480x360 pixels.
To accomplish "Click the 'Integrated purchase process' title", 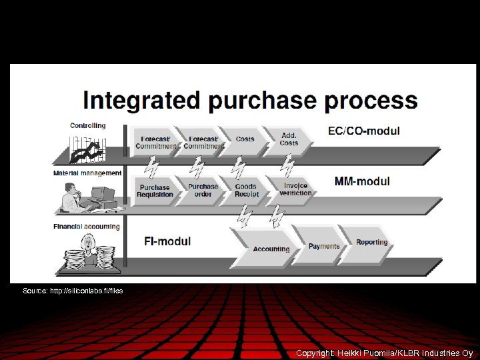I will pyautogui.click(x=250, y=101).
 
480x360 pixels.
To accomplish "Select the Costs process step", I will pyautogui.click(x=245, y=139).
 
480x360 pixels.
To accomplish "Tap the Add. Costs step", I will pyautogui.click(x=289, y=139).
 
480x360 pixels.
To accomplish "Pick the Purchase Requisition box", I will pyautogui.click(x=155, y=191).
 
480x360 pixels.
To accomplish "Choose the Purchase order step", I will pyautogui.click(x=203, y=190).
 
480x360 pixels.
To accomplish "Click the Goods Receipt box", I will pyautogui.click(x=246, y=190).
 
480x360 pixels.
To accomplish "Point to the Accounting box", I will pyautogui.click(x=271, y=249).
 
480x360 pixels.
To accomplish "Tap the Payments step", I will pyautogui.click(x=324, y=246).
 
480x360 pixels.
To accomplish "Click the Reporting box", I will pyautogui.click(x=371, y=243).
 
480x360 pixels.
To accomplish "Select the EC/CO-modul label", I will pyautogui.click(x=364, y=131).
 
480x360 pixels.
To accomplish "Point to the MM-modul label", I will pyautogui.click(x=362, y=181).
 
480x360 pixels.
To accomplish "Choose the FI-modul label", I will pyautogui.click(x=167, y=241).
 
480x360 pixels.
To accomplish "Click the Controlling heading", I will pyautogui.click(x=88, y=125).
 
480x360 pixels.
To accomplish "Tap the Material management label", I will pyautogui.click(x=87, y=173).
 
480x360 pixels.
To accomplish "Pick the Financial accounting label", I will pyautogui.click(x=87, y=227).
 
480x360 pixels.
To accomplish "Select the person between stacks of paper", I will pyautogui.click(x=87, y=251).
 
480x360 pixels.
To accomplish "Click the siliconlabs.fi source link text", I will pyautogui.click(x=73, y=291).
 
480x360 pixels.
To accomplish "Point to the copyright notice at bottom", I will pyautogui.click(x=384, y=353).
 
